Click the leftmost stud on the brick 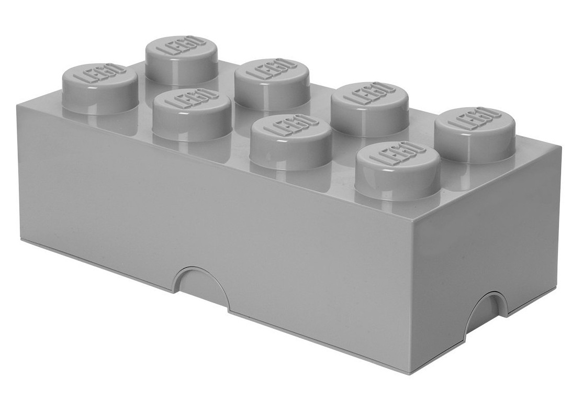coord(99,89)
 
